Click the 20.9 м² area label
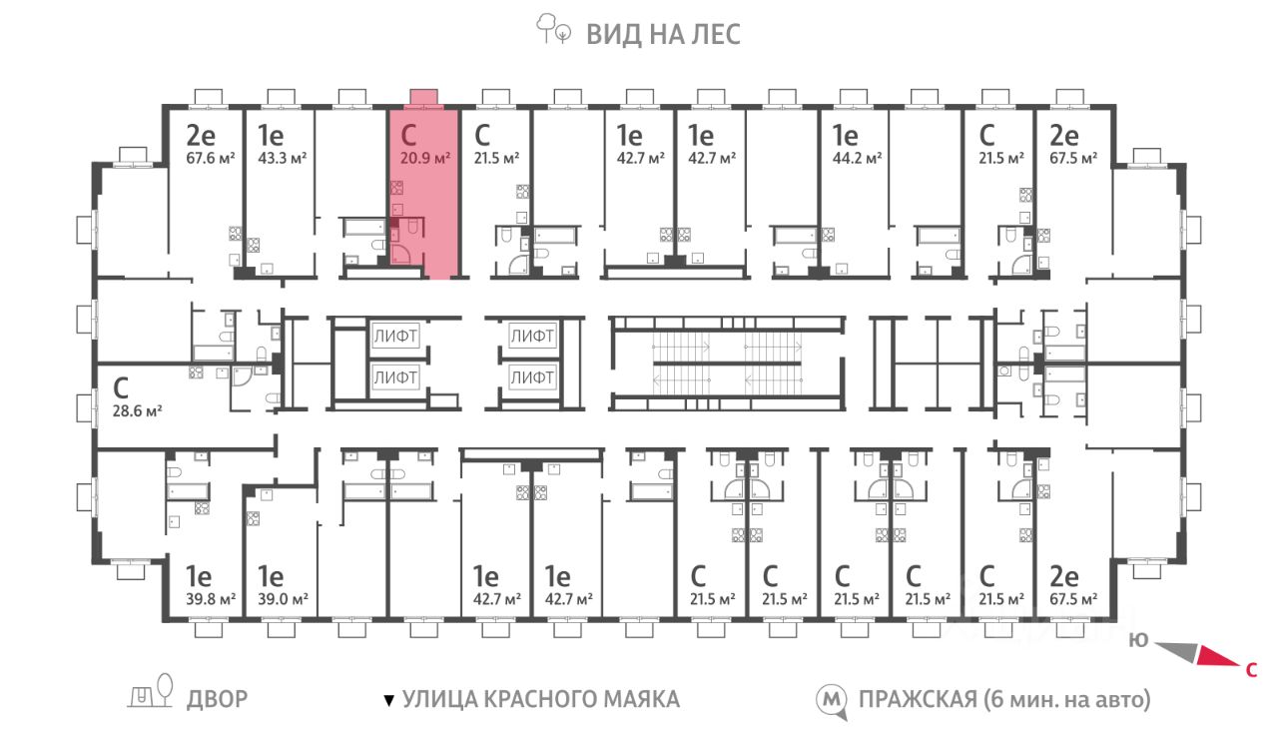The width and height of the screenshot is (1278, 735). coord(425,158)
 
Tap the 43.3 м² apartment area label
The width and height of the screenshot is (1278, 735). coord(283,158)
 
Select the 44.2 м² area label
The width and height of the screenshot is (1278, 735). coord(857,158)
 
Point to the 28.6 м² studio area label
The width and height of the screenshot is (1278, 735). coord(138,410)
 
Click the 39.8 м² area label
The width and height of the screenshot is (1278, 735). coord(211,599)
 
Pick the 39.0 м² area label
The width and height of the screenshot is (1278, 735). coord(283,599)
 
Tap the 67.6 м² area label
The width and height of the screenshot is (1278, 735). coord(211,158)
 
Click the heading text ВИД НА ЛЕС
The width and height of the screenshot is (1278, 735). coord(664,34)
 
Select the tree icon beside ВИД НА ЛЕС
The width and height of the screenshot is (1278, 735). coord(553,29)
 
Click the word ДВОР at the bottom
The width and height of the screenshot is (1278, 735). coord(218,699)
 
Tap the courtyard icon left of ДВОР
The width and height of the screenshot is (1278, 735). coord(150,691)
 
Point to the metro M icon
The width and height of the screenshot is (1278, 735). coord(832,700)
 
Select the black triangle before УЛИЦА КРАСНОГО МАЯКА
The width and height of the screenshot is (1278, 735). coord(389,700)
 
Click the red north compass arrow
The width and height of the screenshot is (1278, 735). coord(1219,656)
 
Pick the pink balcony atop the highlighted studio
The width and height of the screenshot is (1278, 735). coord(424,98)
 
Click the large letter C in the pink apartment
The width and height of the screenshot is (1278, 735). coord(408,136)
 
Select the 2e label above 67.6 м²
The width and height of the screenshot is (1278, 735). coord(201,136)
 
